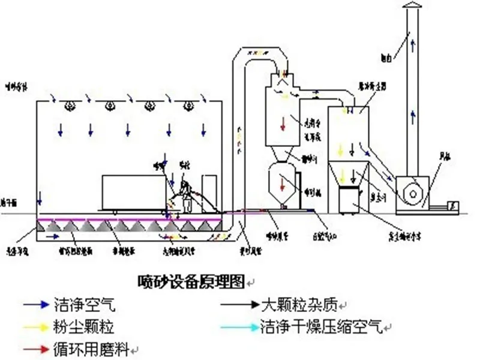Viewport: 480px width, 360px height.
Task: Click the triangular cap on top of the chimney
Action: click(412, 5)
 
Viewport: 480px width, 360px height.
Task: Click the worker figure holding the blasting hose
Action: click(185, 195)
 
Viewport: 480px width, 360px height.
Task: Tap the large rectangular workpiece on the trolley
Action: click(131, 191)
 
